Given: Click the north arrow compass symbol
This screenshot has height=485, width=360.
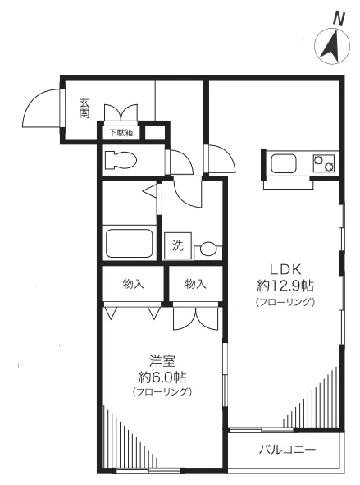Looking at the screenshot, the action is click(x=332, y=46).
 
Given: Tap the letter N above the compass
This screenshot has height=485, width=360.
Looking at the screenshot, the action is click(x=339, y=19).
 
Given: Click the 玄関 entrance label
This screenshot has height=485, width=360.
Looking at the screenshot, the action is click(x=84, y=108).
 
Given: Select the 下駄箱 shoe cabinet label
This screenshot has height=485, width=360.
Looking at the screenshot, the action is click(x=121, y=133).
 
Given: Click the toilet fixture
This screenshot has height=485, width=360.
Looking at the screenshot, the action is click(x=121, y=160).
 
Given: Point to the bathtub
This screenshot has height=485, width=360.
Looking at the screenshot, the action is click(x=130, y=243).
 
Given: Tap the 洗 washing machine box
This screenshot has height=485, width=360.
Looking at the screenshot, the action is click(x=178, y=245).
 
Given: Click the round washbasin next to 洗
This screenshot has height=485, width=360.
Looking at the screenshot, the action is click(x=207, y=249).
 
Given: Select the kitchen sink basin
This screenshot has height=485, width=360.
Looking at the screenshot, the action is click(x=284, y=163).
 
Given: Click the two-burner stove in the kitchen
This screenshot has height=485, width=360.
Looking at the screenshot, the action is click(x=323, y=163).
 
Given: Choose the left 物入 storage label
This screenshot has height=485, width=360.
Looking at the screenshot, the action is click(x=133, y=284).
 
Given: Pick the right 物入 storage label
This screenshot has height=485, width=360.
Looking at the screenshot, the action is click(x=195, y=284).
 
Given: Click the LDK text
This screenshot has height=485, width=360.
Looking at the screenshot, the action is click(x=285, y=270).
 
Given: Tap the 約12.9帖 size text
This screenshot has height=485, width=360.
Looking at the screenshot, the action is click(x=285, y=286).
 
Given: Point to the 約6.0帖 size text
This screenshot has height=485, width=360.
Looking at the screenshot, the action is click(x=162, y=377).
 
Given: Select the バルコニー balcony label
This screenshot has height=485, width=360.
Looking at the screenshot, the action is click(x=287, y=449).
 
